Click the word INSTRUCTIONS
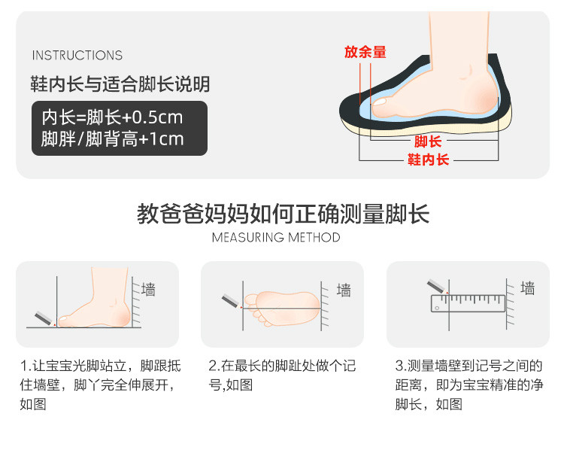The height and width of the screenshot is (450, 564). [77, 55]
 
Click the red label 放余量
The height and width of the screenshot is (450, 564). [365, 52]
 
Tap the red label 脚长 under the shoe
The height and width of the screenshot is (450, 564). [428, 141]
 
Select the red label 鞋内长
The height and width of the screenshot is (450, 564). [428, 160]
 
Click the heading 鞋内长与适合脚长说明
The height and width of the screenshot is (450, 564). [120, 84]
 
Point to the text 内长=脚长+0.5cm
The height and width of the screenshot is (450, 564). [112, 117]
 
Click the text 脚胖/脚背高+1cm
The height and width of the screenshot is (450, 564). [112, 139]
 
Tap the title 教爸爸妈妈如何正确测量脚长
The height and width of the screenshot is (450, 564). [283, 214]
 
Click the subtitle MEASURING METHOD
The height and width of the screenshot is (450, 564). [276, 238]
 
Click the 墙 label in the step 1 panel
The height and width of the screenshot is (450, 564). [148, 290]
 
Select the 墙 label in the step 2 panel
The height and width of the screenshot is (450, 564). [344, 290]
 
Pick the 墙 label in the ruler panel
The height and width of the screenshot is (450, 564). [528, 288]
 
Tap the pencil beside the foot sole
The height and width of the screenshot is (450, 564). [232, 301]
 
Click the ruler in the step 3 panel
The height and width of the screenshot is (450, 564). [468, 303]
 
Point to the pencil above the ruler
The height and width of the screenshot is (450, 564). [438, 287]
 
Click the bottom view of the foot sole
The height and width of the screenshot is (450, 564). [282, 309]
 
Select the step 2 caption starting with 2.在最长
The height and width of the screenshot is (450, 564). [282, 375]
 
